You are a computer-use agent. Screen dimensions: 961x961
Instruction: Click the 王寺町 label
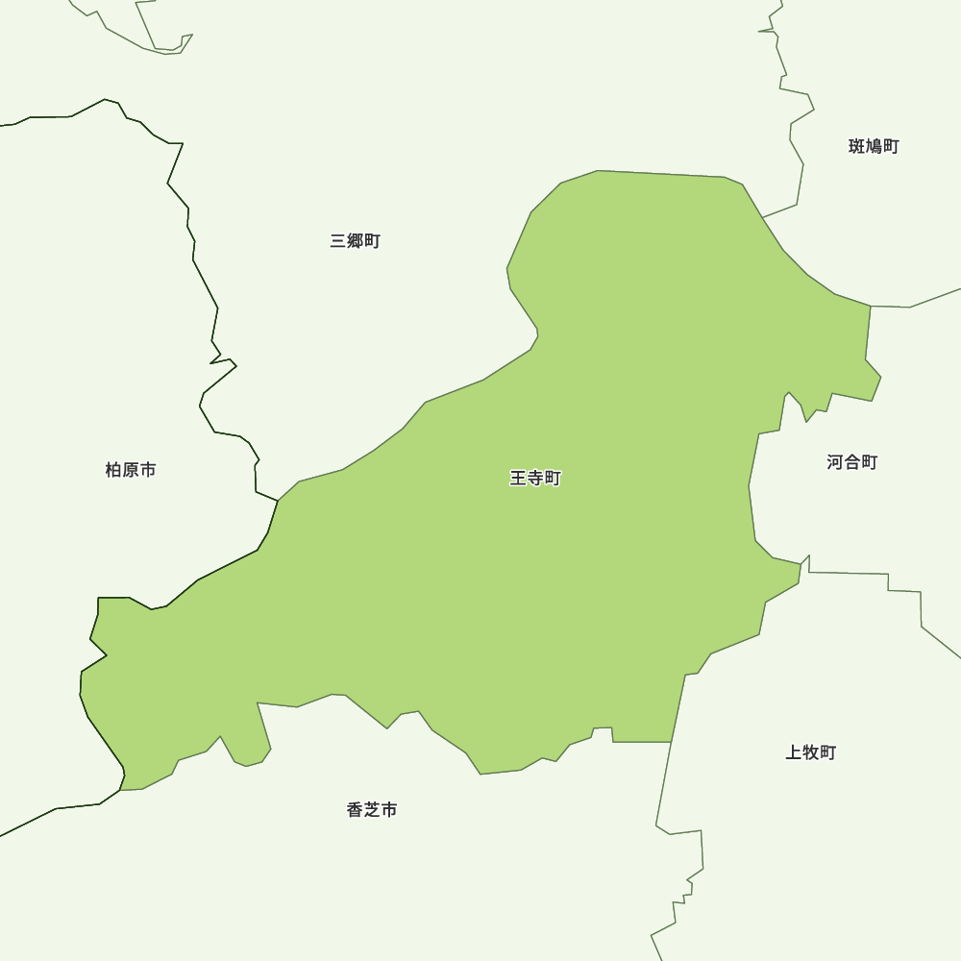coord(535,478)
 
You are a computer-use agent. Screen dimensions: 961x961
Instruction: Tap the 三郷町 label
coord(356,241)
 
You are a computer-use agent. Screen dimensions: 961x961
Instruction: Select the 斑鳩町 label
coord(874,146)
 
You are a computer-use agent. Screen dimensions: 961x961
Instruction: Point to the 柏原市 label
coord(131,470)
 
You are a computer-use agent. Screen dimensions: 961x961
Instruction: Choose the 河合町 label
coord(852,462)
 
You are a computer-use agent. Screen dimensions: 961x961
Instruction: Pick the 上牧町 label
coord(811,752)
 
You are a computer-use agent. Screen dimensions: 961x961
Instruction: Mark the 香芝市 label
coord(372,810)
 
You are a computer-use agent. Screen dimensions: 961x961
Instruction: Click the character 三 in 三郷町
coord(338,241)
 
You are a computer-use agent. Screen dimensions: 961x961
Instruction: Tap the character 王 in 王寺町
coord(518,478)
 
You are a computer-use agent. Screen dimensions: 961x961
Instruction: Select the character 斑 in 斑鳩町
coord(857,146)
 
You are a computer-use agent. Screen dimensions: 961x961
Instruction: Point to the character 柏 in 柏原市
coord(113,470)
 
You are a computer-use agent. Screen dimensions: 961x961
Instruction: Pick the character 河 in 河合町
coord(835,462)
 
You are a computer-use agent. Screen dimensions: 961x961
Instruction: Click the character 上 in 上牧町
coord(794,752)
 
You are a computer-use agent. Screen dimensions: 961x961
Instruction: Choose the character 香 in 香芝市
coord(355,810)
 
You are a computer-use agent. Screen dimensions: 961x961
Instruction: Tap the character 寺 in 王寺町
coord(535,478)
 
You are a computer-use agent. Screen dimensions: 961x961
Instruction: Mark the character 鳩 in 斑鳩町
coord(875,146)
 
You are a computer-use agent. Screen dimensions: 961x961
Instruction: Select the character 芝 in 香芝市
coord(372,810)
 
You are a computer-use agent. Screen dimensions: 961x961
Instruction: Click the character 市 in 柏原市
coord(148,470)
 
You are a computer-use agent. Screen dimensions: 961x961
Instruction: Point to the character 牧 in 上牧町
coord(811,752)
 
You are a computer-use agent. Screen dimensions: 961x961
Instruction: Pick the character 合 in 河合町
coord(852,462)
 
